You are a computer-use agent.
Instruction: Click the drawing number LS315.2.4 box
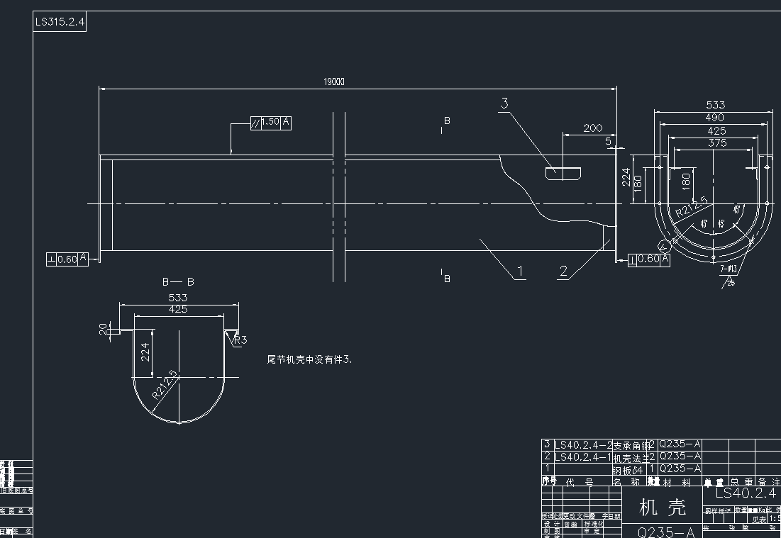tap(60, 22)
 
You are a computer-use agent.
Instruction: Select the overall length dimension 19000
tap(334, 82)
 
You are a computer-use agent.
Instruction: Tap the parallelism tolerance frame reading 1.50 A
tap(271, 123)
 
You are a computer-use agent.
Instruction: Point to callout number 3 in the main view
tap(504, 103)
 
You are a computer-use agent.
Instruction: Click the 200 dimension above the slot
tap(592, 128)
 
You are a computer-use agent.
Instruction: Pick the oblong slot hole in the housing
tap(563, 172)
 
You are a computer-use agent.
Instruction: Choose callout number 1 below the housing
tap(520, 271)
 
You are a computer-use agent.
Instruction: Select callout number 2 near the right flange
tap(563, 271)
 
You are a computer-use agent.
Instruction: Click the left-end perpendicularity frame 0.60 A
tap(67, 259)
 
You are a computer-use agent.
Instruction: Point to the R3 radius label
tap(240, 340)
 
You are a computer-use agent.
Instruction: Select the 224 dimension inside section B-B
tap(145, 352)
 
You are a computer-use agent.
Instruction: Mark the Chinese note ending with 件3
tap(309, 360)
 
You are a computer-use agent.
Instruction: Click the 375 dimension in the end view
tap(717, 142)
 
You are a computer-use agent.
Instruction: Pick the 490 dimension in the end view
tap(714, 117)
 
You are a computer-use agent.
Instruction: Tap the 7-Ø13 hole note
tap(728, 269)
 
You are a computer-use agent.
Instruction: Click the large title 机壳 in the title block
tap(663, 508)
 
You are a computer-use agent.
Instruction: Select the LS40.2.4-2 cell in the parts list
tap(582, 445)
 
